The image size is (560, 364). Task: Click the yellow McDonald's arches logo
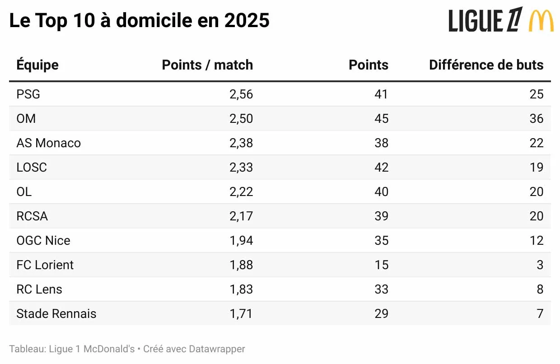point(541,21)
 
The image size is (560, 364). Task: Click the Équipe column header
point(37,65)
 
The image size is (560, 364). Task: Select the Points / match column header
point(207,65)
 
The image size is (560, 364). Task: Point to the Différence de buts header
point(486,65)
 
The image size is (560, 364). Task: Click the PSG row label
point(28,94)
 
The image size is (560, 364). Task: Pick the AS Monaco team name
point(48,143)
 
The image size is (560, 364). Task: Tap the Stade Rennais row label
point(56,313)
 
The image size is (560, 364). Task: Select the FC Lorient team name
point(45,265)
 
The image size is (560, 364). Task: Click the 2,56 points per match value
point(241,94)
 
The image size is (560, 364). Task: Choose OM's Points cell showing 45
point(381,118)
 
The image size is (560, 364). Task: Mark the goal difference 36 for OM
point(537,118)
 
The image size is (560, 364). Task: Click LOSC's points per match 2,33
point(241,167)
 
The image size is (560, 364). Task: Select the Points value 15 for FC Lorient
point(381,265)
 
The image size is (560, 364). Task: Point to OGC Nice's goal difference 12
point(537,240)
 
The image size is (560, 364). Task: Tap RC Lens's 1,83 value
point(241,289)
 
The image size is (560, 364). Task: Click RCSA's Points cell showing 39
point(381,216)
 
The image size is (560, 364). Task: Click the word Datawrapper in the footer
point(217,349)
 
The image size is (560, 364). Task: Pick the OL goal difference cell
point(537,191)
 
